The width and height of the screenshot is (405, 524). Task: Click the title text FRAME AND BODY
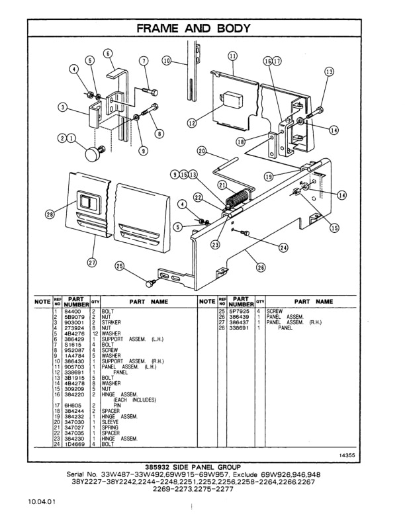(201, 28)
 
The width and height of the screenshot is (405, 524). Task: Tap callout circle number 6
(107, 54)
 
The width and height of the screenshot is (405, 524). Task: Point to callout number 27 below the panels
(92, 263)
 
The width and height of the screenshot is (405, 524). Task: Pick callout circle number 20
(202, 151)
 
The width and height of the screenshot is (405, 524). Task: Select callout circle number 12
(192, 122)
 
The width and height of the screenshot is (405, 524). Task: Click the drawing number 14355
(347, 455)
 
